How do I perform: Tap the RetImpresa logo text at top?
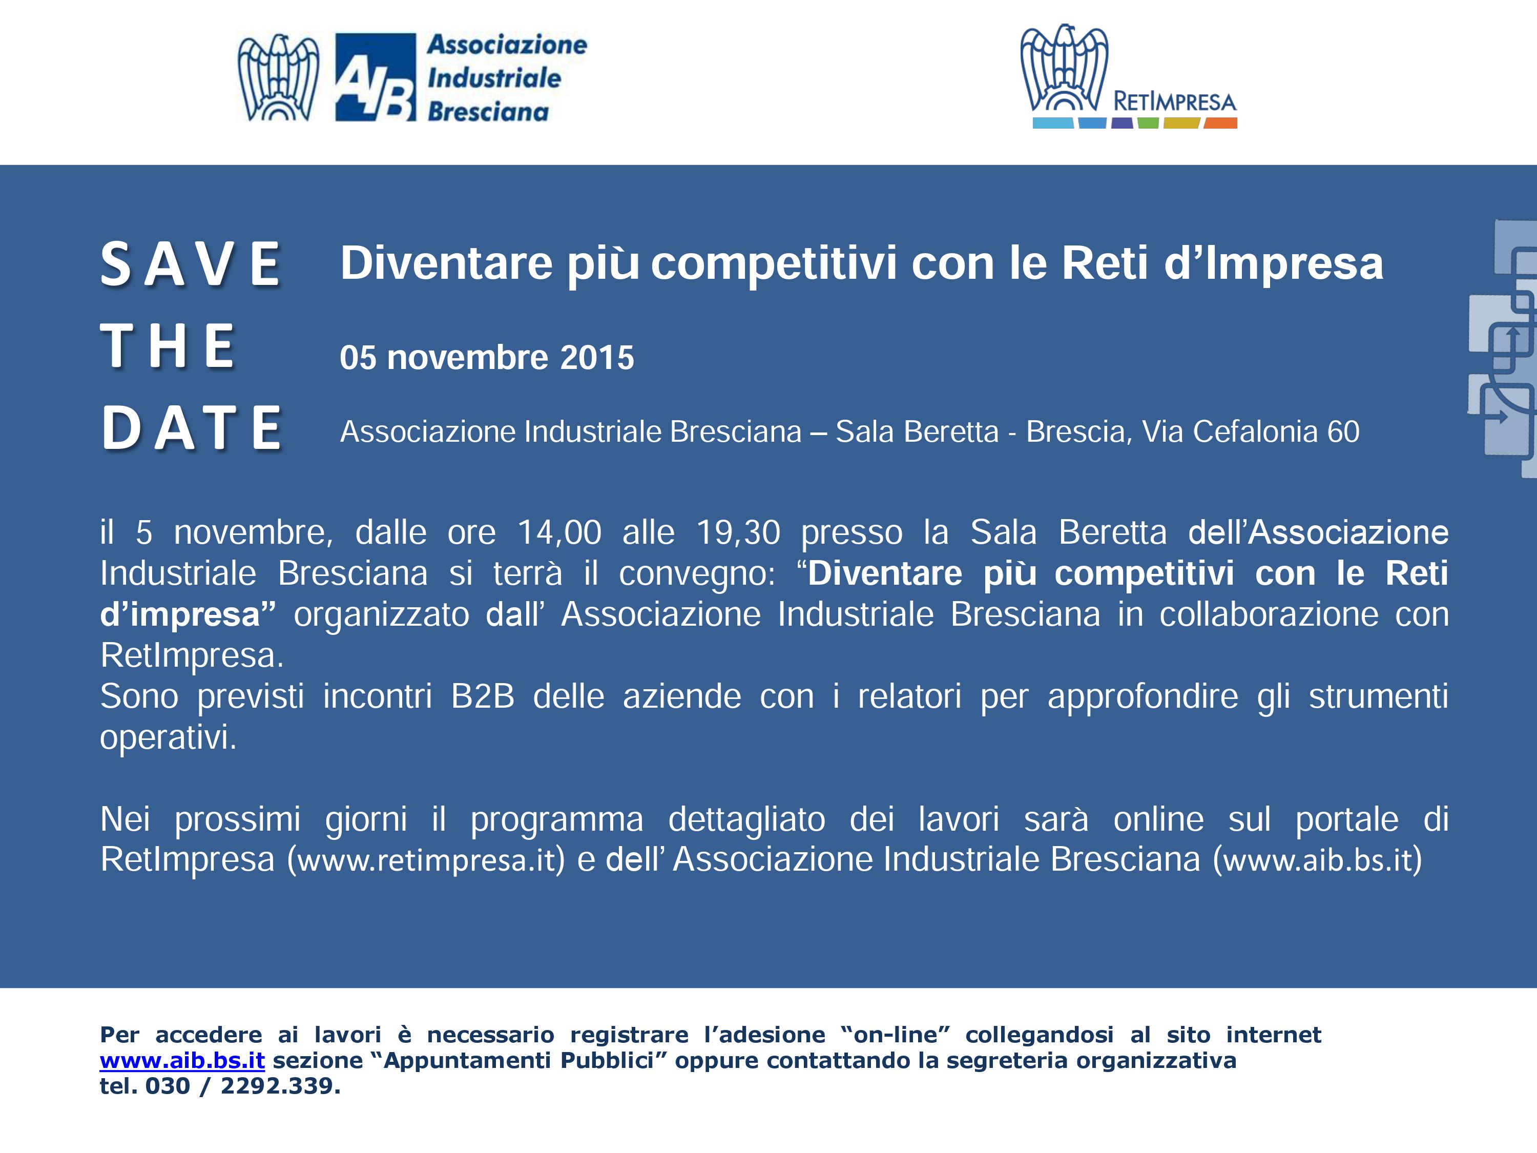point(1174,102)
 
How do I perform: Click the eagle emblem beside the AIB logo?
point(278,78)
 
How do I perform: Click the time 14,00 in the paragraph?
point(559,533)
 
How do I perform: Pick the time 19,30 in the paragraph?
point(738,533)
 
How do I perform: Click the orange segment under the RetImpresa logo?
point(1220,123)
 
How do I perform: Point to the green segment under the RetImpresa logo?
point(1148,123)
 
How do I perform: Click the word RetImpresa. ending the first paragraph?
point(192,656)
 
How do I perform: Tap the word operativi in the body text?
point(168,738)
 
